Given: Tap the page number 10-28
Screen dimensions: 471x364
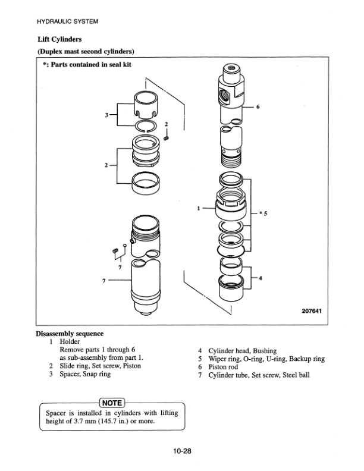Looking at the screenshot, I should (x=182, y=451).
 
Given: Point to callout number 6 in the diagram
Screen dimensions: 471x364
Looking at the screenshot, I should (x=258, y=107).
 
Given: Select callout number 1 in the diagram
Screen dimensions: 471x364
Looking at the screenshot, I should (x=198, y=208).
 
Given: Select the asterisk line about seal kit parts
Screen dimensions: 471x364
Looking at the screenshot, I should (x=86, y=65).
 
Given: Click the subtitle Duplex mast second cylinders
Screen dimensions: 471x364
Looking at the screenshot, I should (x=86, y=51).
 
